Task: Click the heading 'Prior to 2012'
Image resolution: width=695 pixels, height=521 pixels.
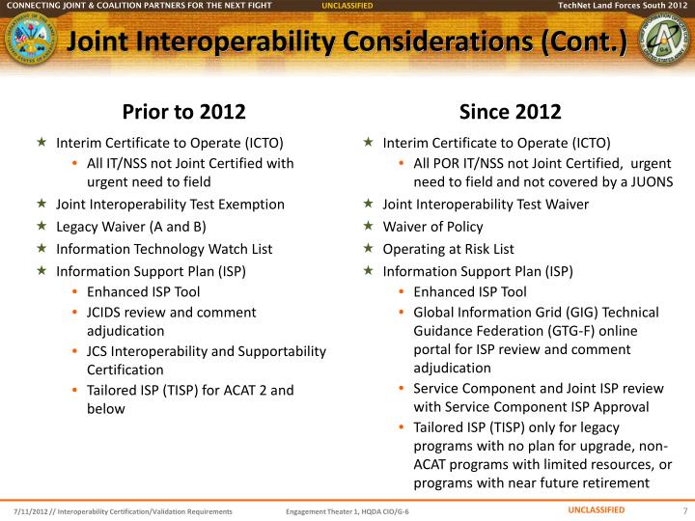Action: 183,111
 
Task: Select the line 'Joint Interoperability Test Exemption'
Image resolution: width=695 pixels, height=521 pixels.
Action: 170,205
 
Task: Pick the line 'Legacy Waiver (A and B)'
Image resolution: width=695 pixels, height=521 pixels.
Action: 131,227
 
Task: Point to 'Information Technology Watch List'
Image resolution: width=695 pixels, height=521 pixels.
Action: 164,249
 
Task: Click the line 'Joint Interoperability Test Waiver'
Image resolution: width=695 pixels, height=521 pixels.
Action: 486,205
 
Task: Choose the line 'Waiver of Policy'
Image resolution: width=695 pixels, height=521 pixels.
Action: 432,227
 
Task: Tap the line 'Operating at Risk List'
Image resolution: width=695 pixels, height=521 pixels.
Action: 449,249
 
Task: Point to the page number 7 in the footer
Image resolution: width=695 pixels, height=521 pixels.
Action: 683,510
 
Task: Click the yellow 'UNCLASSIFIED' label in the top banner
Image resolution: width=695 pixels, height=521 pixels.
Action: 347,6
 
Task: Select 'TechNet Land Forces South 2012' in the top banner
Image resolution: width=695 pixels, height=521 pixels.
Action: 623,6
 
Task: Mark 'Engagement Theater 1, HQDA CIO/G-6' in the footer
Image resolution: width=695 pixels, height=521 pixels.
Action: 347,510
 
